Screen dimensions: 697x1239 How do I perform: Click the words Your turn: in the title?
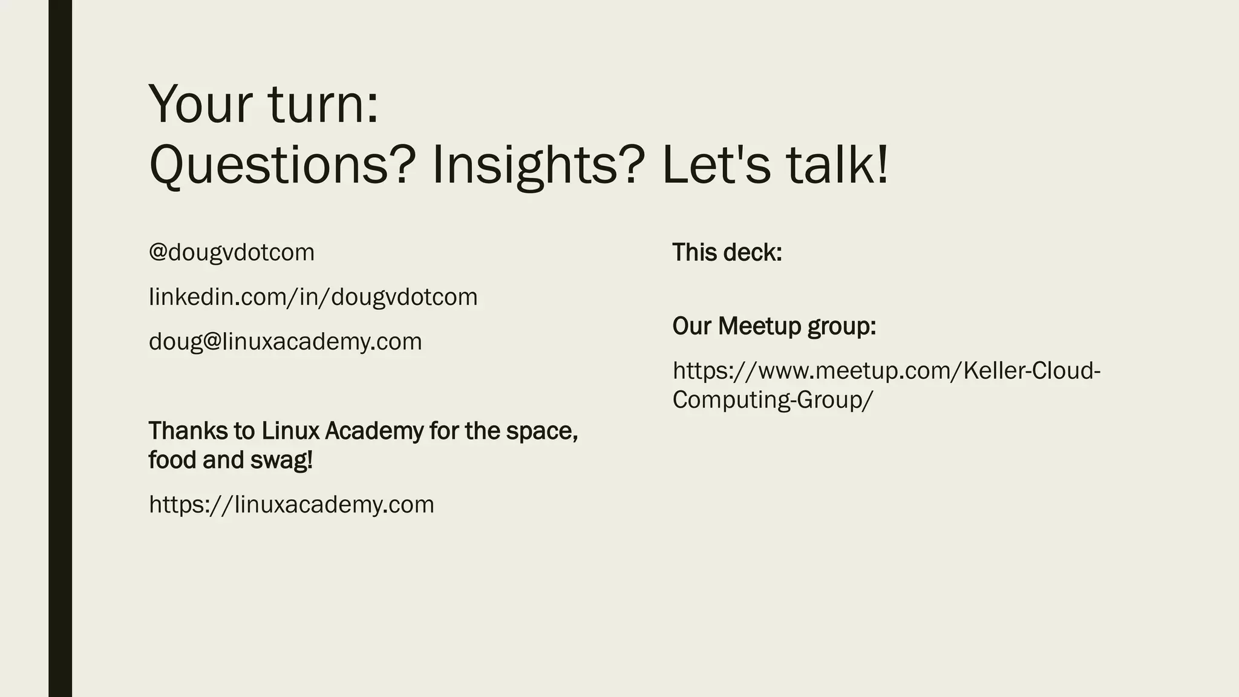(x=264, y=104)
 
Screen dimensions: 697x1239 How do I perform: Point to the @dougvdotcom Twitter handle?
(x=232, y=252)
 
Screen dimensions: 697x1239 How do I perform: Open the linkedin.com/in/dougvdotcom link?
(x=313, y=297)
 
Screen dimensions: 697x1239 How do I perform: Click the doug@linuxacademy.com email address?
(x=286, y=342)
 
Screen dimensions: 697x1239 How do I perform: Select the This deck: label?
(x=727, y=252)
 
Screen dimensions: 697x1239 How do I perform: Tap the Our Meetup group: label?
(x=774, y=326)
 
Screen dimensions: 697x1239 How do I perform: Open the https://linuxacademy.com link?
(x=292, y=505)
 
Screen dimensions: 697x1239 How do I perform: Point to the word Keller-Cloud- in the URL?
(x=1031, y=370)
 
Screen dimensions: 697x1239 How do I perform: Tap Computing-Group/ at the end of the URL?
(x=773, y=400)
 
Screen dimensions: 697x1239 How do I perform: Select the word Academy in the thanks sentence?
(x=374, y=431)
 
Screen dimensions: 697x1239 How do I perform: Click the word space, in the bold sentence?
(x=542, y=431)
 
